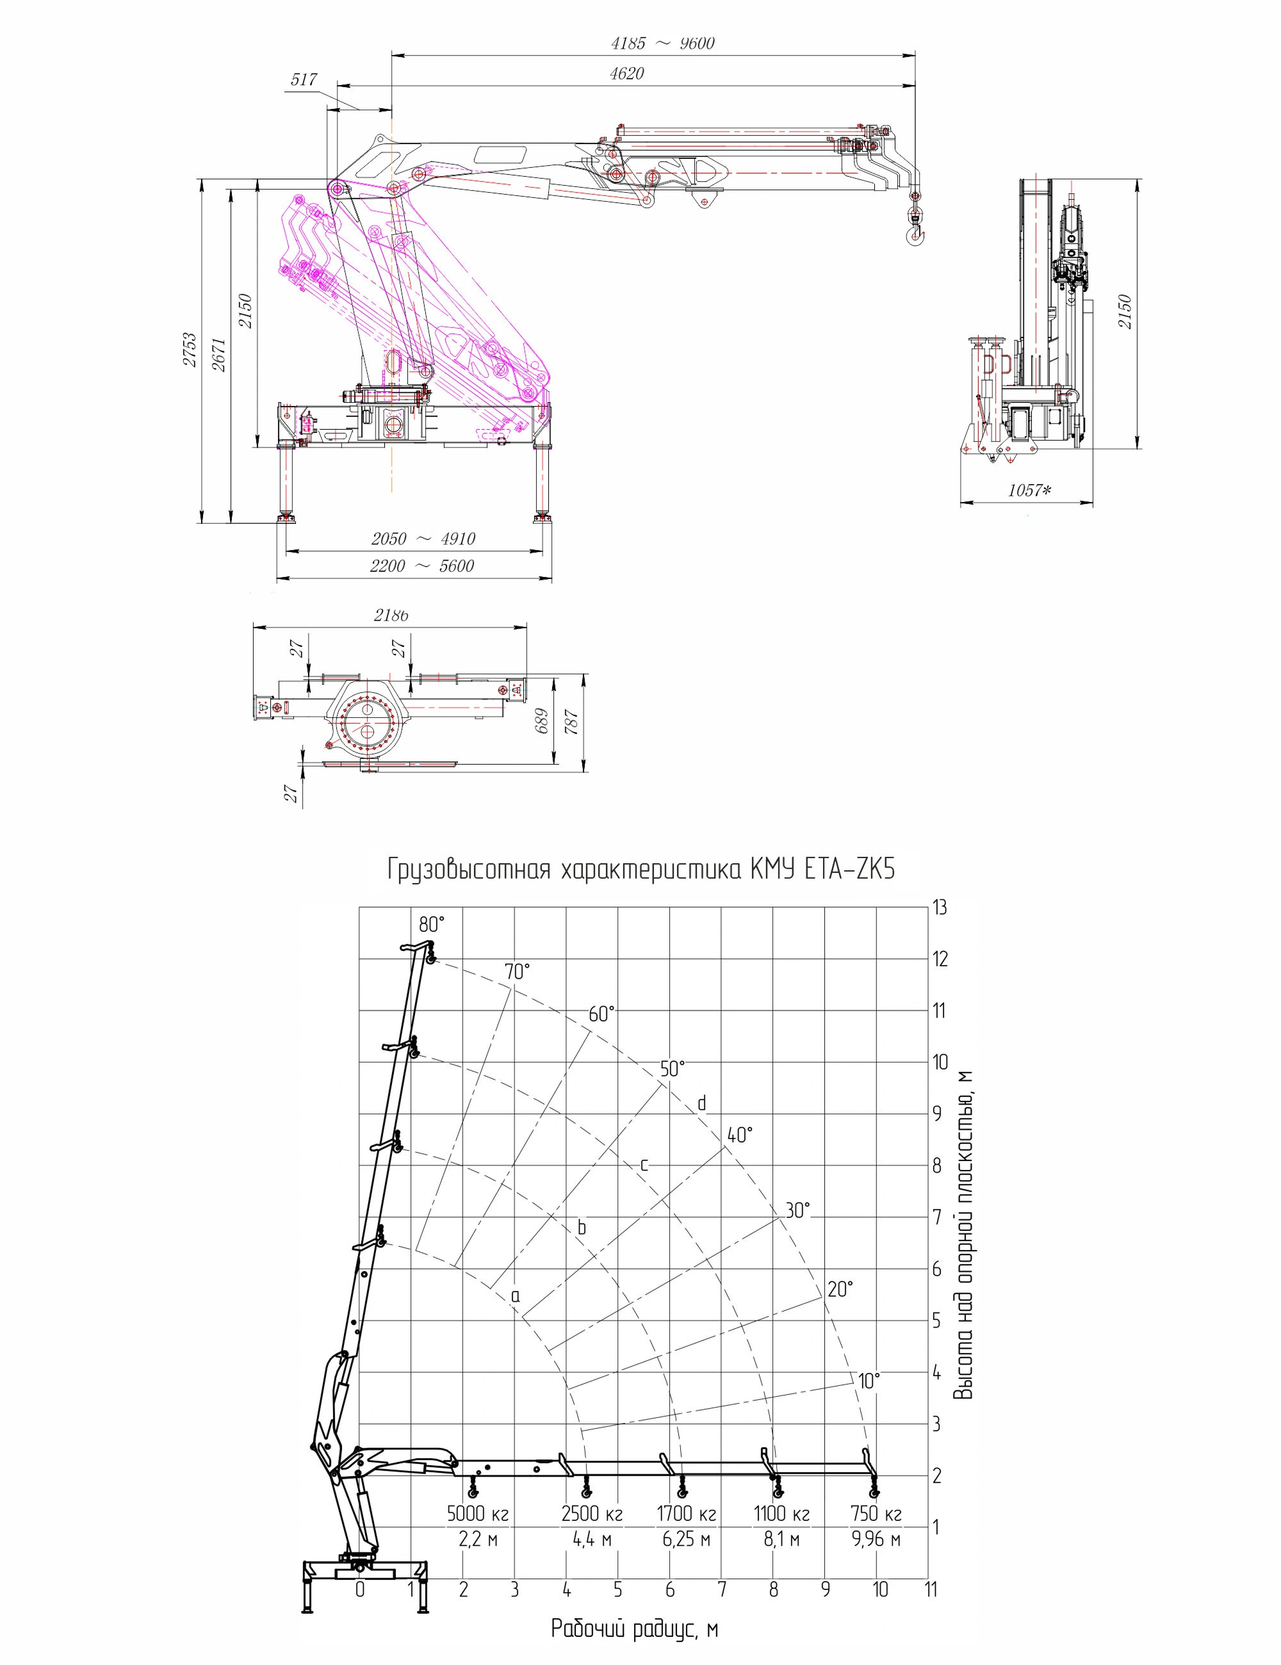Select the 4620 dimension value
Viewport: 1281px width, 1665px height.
pos(627,74)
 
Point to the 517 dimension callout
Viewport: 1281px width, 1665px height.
pos(304,79)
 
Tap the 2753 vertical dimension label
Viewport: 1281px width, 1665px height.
pos(189,350)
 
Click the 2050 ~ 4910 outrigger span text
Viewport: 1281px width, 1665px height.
pos(423,539)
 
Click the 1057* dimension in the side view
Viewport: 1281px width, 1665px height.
pos(1029,490)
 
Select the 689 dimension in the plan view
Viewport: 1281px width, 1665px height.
pos(541,721)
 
